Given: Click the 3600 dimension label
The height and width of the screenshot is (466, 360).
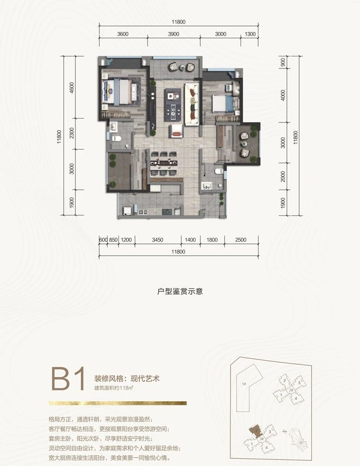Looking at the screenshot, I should tap(123, 34).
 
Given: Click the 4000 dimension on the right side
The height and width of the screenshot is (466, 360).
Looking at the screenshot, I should tap(283, 97).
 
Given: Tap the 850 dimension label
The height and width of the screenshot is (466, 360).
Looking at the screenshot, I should tap(113, 240).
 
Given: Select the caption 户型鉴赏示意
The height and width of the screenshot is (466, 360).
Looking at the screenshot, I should tap(179, 292).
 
